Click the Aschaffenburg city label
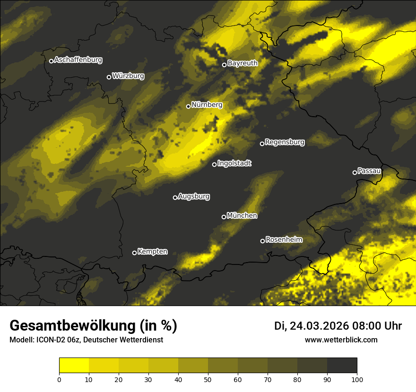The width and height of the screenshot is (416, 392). tap(78, 60)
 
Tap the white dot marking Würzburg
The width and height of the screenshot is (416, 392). tap(109, 77)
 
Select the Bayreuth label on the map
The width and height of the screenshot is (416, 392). tap(243, 63)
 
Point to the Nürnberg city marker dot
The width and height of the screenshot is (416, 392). tap(188, 106)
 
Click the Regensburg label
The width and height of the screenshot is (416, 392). tap(285, 142)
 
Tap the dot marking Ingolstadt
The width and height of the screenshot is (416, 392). tap(214, 164)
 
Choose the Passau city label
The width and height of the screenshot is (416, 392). tap(369, 171)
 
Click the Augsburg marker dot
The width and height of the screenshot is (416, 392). tap(175, 197)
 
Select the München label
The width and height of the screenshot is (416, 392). tap(242, 216)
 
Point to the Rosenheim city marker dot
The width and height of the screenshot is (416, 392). tap(262, 241)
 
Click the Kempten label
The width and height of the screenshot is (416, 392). tap(152, 252)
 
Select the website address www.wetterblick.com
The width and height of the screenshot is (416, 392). tap(341, 340)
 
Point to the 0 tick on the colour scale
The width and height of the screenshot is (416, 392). tap(59, 379)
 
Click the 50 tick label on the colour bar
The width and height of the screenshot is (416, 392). tap(208, 379)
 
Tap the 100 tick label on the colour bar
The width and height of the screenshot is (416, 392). tap(357, 379)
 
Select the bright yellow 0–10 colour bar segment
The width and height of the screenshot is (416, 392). tap(74, 366)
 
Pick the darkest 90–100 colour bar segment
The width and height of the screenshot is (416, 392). tap(342, 366)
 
